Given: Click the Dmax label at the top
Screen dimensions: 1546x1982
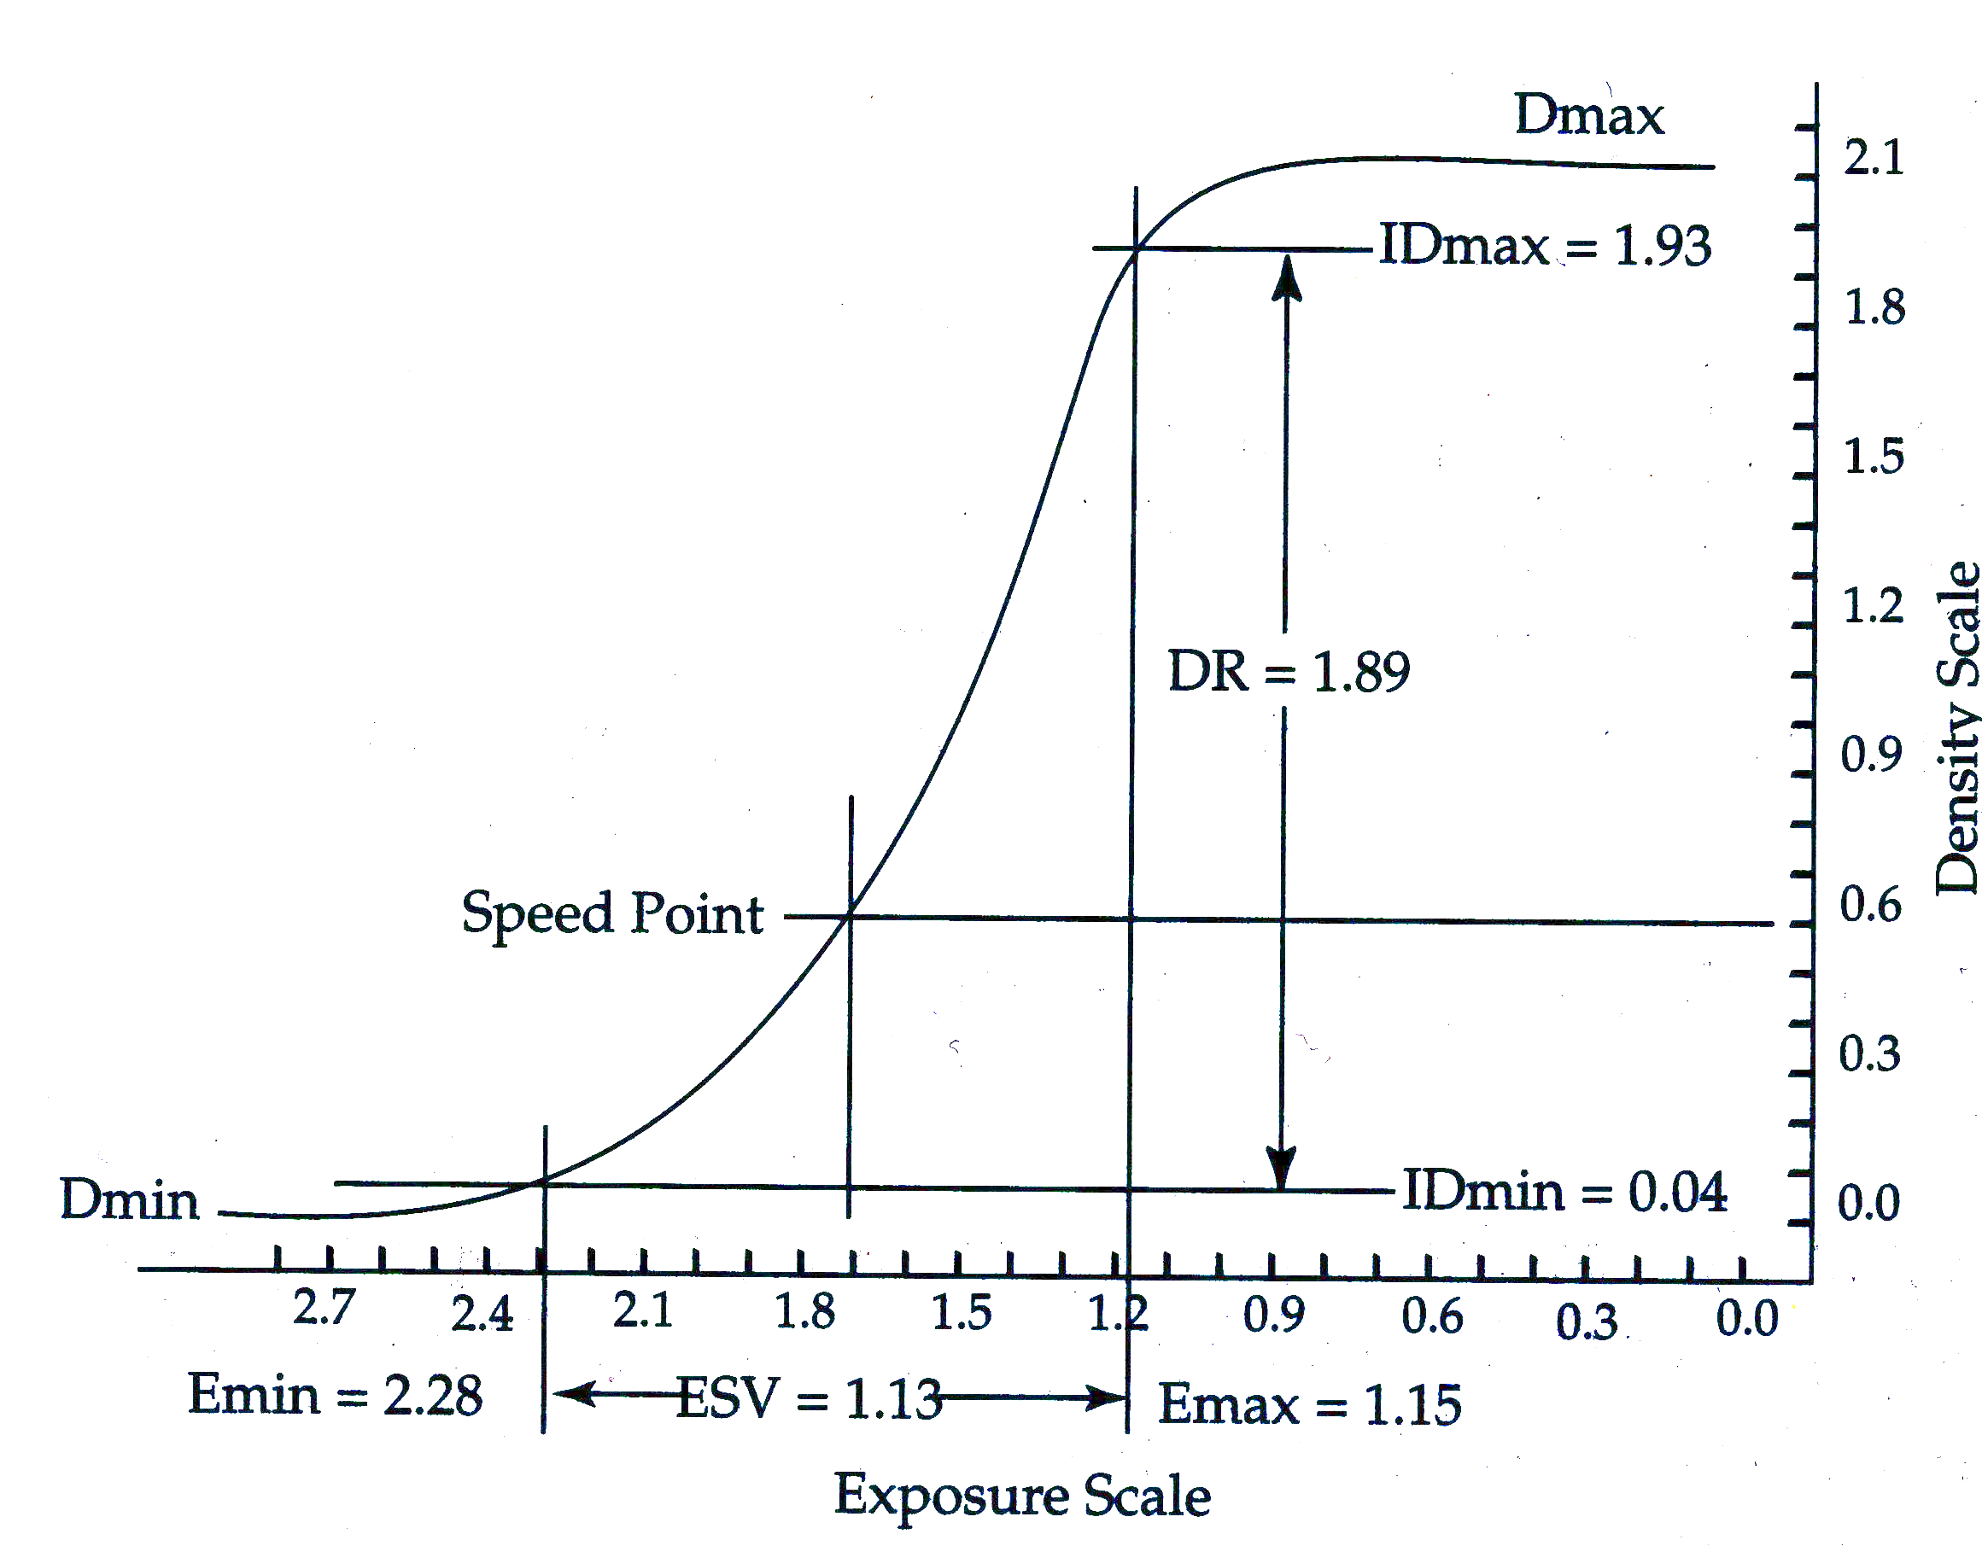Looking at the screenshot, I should pyautogui.click(x=1589, y=116).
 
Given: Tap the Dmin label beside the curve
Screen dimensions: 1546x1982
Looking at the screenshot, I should pyautogui.click(x=129, y=1199).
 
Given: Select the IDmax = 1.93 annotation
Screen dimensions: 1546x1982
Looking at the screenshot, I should pyautogui.click(x=1545, y=246).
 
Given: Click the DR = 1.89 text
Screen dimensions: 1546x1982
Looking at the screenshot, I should pyautogui.click(x=1289, y=673).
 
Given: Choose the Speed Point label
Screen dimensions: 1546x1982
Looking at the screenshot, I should pyautogui.click(x=612, y=913).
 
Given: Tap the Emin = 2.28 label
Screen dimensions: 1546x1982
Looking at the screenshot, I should pyautogui.click(x=335, y=1395).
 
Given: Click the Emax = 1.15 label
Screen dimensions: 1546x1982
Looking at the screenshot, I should pyautogui.click(x=1310, y=1404).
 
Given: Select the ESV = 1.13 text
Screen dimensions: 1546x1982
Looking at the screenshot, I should pyautogui.click(x=809, y=1398).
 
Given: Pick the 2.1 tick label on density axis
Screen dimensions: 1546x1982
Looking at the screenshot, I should pyautogui.click(x=1873, y=158).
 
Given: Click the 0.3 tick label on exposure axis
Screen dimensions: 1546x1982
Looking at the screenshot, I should pyautogui.click(x=1587, y=1321).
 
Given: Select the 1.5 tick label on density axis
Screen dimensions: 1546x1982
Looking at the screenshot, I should pyautogui.click(x=1873, y=457).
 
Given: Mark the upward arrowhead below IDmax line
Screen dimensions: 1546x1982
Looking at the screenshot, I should pyautogui.click(x=1287, y=276).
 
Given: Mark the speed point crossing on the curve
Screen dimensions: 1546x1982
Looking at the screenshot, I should pyautogui.click(x=850, y=916).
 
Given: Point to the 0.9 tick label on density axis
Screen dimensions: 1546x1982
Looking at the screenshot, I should pyautogui.click(x=1870, y=755).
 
